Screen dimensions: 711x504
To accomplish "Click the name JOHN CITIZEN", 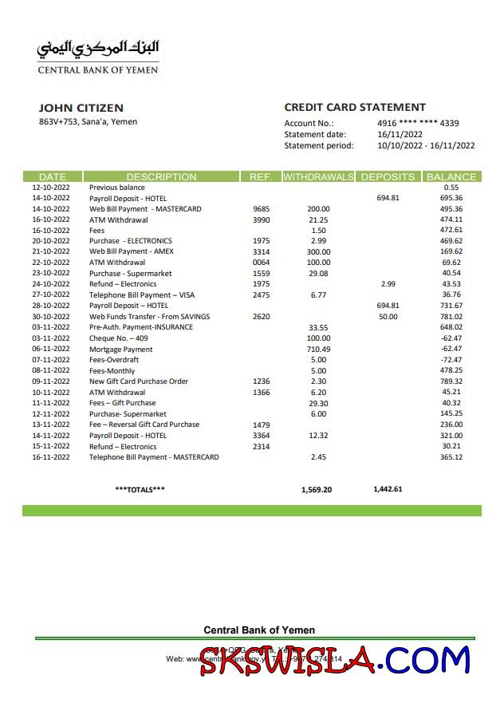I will tap(81, 108).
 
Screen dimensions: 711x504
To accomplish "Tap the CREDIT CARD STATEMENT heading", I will tap(355, 108).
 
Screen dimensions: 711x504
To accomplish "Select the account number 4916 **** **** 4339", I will tap(417, 124).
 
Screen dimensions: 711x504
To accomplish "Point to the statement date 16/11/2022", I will tap(400, 135).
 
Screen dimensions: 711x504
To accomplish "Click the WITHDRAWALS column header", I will tap(318, 177).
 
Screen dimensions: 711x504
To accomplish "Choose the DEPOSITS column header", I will tap(388, 177).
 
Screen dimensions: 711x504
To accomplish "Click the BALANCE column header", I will tap(451, 177).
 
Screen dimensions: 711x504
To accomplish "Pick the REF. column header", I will tap(261, 177).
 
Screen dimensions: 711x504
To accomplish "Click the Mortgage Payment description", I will tap(120, 350).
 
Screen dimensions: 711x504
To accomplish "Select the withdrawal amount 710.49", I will tap(318, 350).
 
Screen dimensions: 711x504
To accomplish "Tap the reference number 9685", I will tap(261, 209).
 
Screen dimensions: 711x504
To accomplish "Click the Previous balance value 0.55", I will tap(451, 188).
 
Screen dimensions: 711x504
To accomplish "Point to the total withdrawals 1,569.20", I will tap(317, 490).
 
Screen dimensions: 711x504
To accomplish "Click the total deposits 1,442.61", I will tap(388, 489).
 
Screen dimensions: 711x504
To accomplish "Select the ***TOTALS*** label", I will tap(140, 489).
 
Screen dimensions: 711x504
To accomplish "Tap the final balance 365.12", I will tap(451, 457).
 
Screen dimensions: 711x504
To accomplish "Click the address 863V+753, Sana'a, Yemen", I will tap(88, 122).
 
